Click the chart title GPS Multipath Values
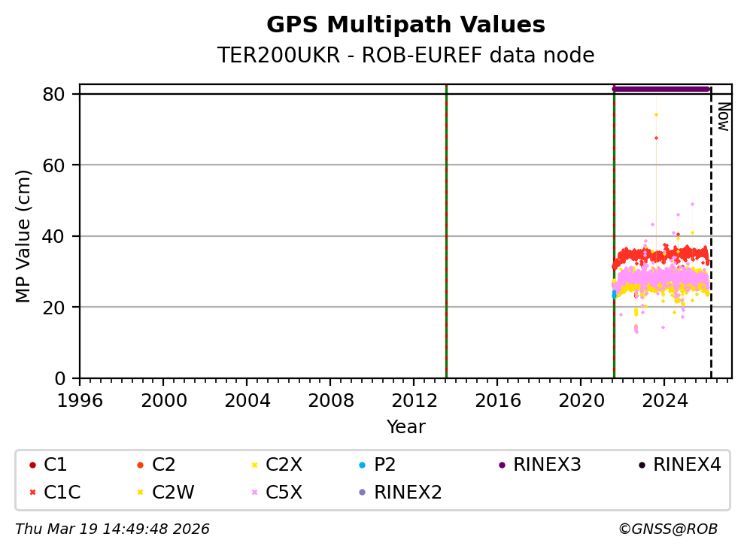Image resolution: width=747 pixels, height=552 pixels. click(405, 25)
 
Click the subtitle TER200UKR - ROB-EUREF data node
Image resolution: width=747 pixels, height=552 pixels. click(405, 56)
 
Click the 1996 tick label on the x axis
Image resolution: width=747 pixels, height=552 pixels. click(80, 400)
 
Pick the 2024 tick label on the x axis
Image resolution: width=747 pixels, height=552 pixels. click(664, 400)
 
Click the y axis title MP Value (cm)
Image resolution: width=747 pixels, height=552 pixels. click(23, 236)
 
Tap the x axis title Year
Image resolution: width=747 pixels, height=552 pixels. click(405, 428)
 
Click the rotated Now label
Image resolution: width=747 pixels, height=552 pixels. click(723, 117)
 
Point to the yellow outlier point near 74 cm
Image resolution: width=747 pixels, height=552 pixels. click(656, 114)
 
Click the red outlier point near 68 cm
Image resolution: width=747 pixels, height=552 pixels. click(656, 138)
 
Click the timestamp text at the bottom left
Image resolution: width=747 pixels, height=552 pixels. click(112, 529)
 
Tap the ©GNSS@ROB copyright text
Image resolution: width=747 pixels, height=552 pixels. click(667, 529)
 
